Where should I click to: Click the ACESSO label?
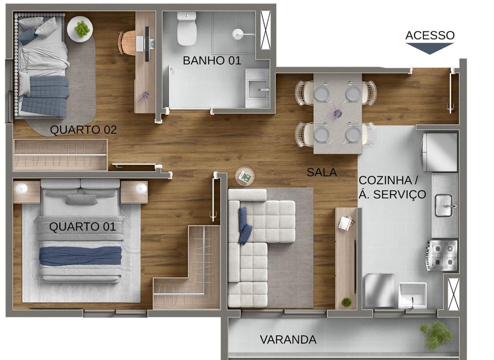[x=430, y=35]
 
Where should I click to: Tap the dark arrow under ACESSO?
[x=430, y=48]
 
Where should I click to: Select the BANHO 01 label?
[x=212, y=60]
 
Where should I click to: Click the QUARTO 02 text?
[x=83, y=130]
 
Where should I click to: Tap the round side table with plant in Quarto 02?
[x=80, y=29]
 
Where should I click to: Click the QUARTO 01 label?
[x=82, y=227]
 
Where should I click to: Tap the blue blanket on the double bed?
[x=80, y=255]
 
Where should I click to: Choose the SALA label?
[x=322, y=172]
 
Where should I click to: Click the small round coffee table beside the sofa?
[x=245, y=177]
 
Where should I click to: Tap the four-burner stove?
[x=442, y=255]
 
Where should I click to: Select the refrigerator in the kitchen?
[x=440, y=152]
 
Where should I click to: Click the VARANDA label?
[x=288, y=340]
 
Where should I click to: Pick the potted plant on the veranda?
[x=436, y=333]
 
